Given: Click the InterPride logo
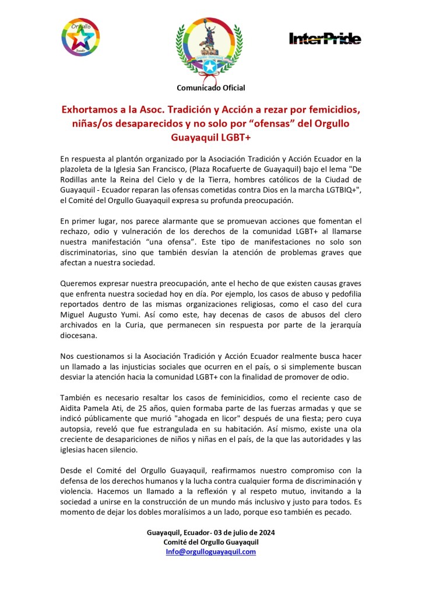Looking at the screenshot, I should pos(325,39).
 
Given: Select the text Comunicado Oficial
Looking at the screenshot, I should pos(211,88).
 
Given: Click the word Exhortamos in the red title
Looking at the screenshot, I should pos(93,110).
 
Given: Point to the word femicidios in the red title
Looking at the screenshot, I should pos(330,110).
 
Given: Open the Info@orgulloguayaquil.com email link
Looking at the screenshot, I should pos(211,551).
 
